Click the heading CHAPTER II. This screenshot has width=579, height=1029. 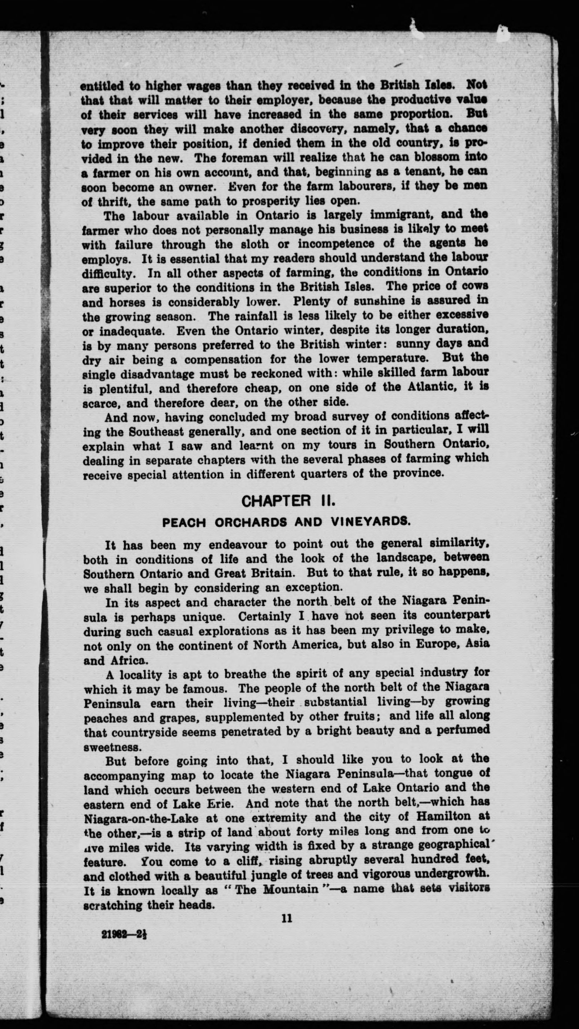[x=288, y=500]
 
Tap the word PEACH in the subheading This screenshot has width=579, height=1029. [x=184, y=523]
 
